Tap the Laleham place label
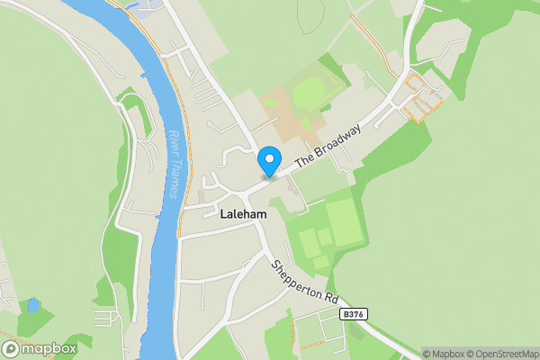click(244, 214)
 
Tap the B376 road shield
click(355, 315)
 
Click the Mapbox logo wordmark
click(47, 348)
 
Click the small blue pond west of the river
click(32, 305)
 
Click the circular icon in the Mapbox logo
click(11, 348)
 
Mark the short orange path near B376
click(315, 344)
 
